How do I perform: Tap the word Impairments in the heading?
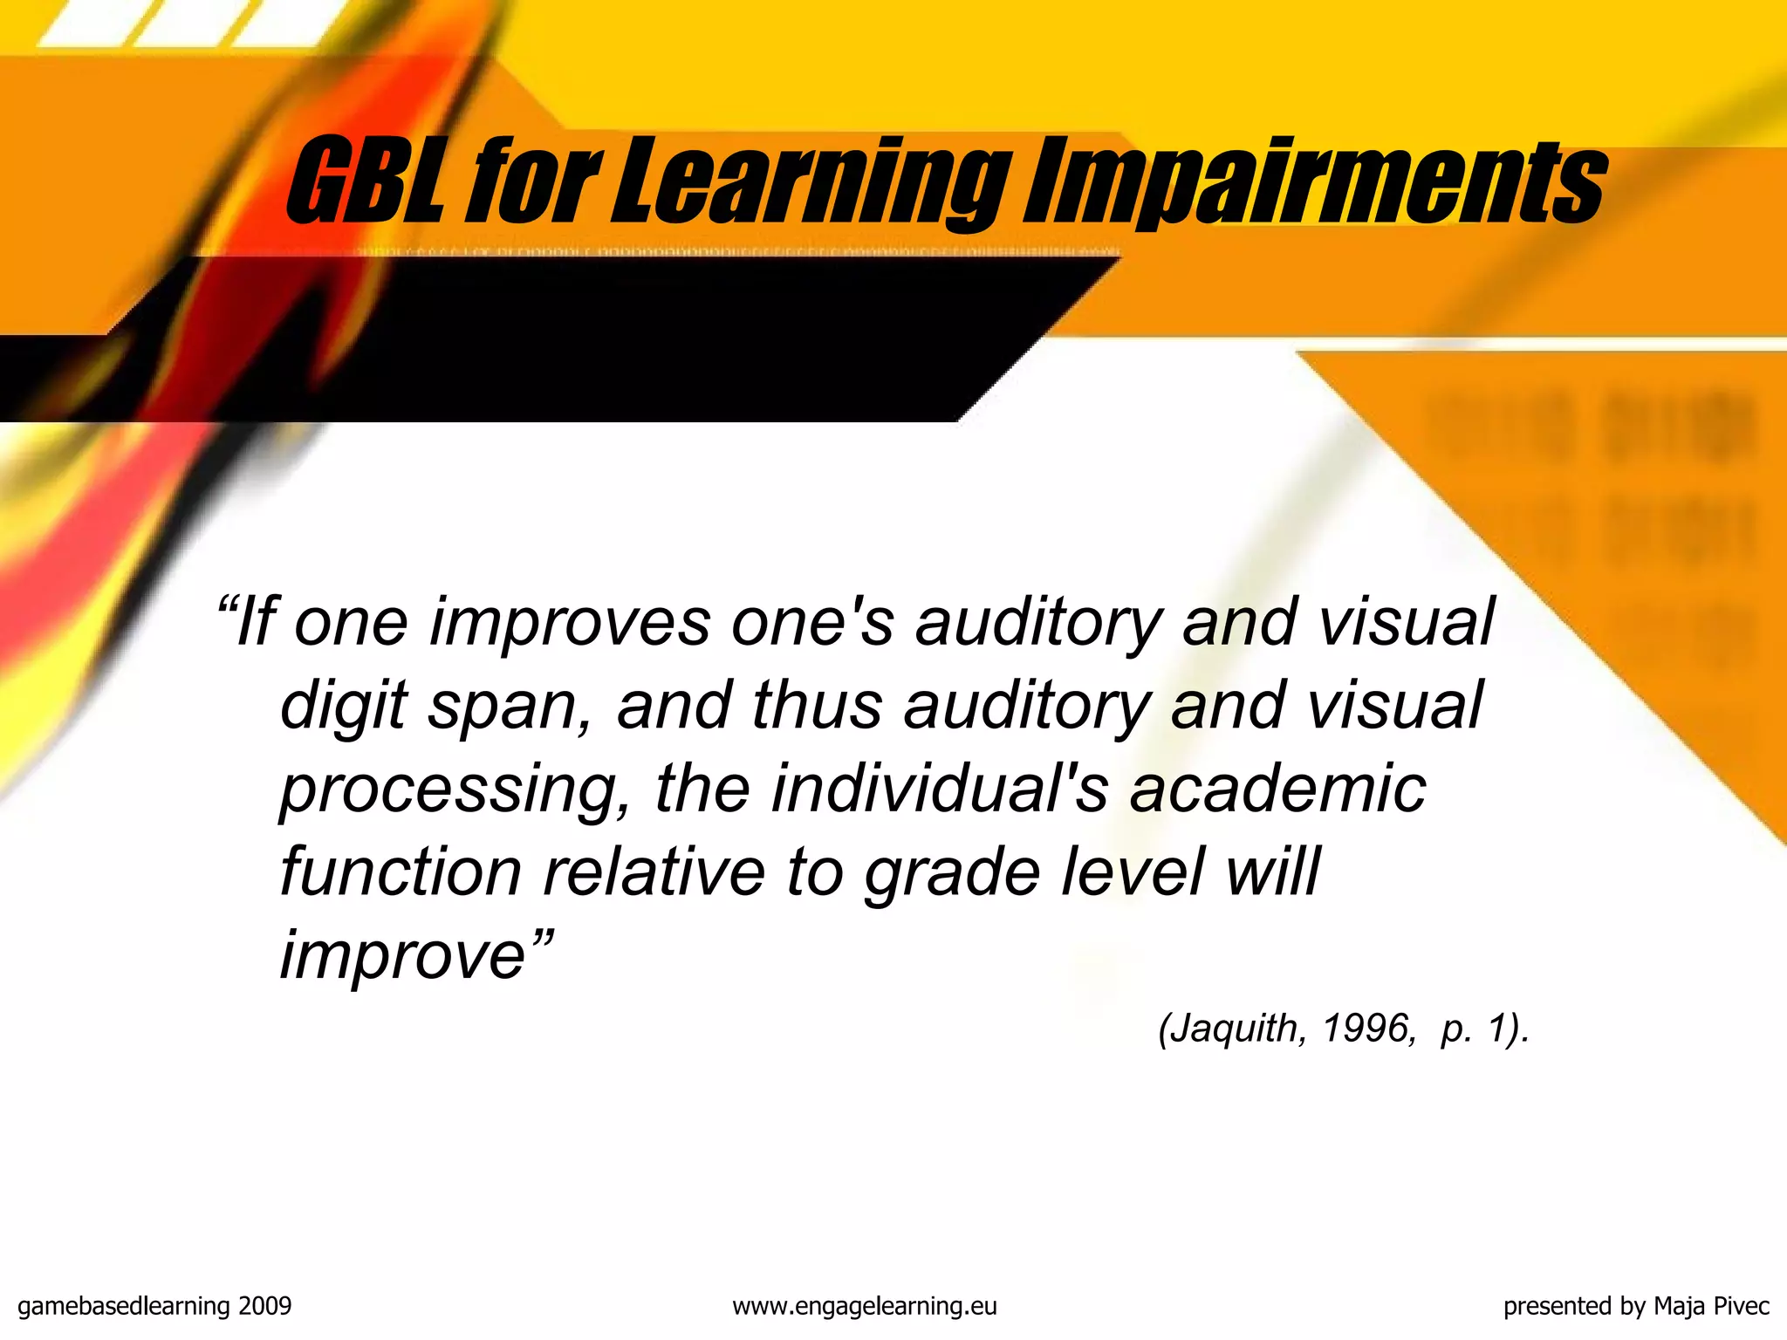(1314, 181)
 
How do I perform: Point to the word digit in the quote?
(344, 705)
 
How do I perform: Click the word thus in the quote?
(817, 705)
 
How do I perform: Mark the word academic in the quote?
(1277, 789)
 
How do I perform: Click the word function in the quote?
(401, 872)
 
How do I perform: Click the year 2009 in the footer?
(264, 1306)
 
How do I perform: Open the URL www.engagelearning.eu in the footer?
(864, 1306)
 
